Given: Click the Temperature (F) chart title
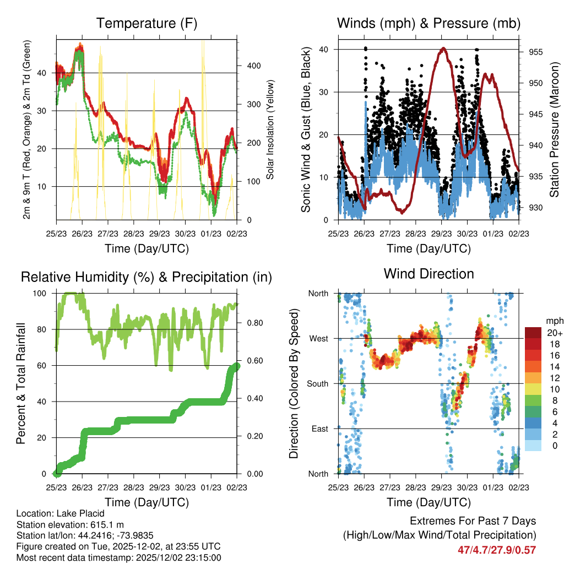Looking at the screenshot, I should pyautogui.click(x=147, y=23).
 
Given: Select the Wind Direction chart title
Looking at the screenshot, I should pyautogui.click(x=429, y=274).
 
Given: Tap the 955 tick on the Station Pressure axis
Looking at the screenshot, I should pyautogui.click(x=537, y=52).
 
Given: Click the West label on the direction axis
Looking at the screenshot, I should pyautogui.click(x=318, y=338).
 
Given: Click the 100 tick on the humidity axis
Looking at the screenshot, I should pyautogui.click(x=40, y=294).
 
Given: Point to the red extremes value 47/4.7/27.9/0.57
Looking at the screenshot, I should pyautogui.click(x=496, y=550).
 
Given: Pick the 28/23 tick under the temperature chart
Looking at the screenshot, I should pyautogui.click(x=134, y=234).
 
